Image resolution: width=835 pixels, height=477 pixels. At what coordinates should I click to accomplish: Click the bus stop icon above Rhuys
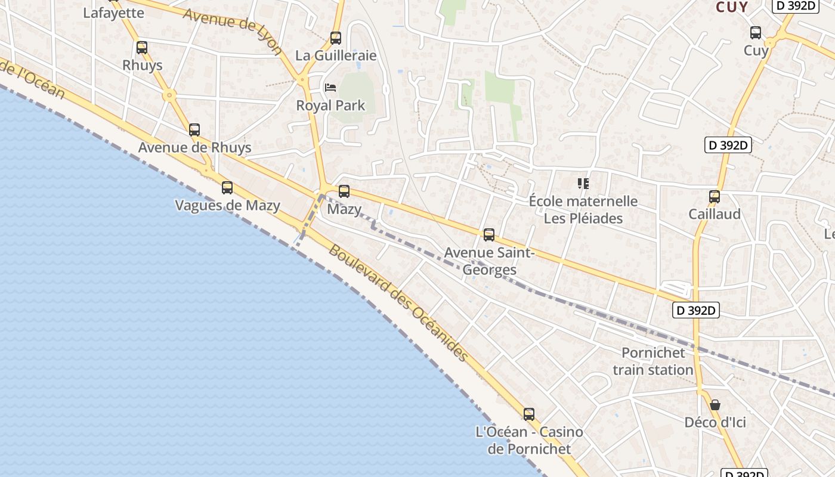pos(141,48)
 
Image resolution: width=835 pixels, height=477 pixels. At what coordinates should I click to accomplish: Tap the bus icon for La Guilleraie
pos(336,38)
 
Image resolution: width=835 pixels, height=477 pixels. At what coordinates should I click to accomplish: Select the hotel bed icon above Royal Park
pos(330,88)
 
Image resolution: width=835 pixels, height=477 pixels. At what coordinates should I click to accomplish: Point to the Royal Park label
pos(330,106)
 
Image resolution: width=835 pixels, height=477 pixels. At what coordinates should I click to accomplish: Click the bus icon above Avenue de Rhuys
pos(194,130)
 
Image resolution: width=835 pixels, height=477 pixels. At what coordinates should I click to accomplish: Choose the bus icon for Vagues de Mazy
pos(227,188)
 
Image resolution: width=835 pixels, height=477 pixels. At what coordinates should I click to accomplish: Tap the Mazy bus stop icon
pos(344,191)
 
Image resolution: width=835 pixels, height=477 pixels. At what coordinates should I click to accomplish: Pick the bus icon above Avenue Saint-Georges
pos(489,235)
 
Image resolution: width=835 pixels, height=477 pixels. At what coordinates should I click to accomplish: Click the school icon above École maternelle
pos(583,184)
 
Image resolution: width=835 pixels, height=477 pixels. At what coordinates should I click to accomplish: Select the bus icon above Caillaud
pos(715,196)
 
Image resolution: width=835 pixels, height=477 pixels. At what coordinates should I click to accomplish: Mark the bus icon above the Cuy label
pos(756,33)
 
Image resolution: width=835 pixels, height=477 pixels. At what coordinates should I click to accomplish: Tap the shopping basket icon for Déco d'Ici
pos(715,405)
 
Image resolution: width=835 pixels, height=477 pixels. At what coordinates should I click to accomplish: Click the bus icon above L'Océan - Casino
pos(529,414)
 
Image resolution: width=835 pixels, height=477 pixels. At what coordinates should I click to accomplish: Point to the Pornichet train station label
pos(653,361)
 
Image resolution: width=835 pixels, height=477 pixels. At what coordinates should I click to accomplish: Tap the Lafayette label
pos(113,13)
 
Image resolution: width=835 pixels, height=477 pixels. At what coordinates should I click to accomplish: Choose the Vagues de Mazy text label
pos(227,206)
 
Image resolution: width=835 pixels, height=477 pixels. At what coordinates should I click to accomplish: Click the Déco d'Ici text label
pos(715,423)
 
